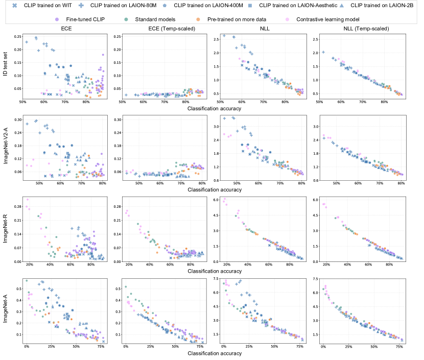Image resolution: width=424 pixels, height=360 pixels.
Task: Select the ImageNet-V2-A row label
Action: click(x=5, y=147)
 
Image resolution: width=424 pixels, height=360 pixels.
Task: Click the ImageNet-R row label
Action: click(x=5, y=229)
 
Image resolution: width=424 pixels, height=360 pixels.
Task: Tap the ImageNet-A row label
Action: click(x=5, y=311)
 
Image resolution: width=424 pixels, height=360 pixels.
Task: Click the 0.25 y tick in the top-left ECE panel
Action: click(x=17, y=36)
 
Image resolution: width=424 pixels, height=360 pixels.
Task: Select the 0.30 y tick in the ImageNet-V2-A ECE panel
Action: click(x=17, y=119)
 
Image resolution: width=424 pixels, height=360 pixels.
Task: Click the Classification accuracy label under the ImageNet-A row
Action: click(x=214, y=353)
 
